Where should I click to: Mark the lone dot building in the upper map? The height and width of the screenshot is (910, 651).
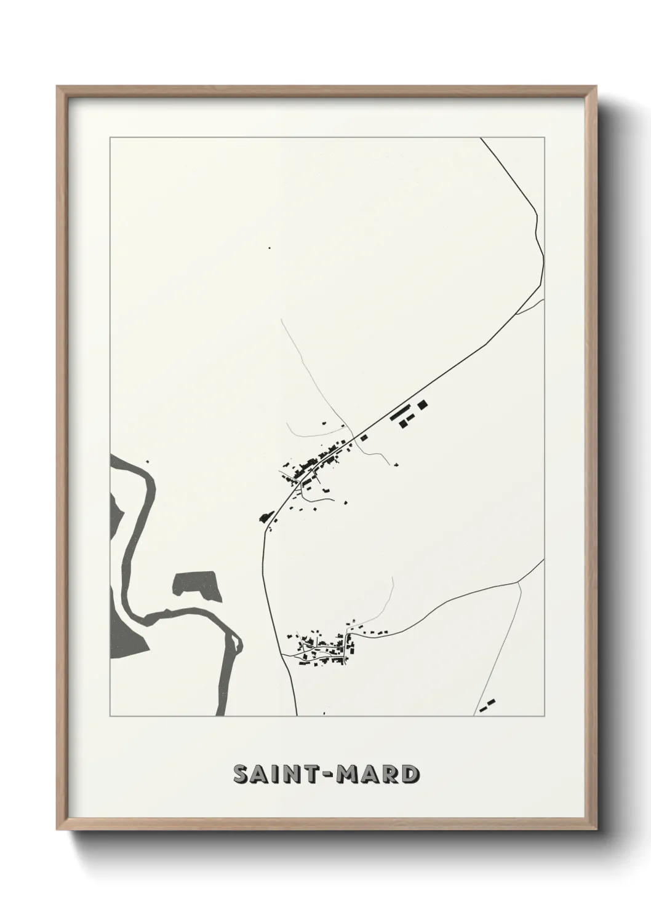(x=269, y=248)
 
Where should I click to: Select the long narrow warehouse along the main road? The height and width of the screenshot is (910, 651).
(x=399, y=411)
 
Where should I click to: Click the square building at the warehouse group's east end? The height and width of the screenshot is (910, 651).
(x=423, y=404)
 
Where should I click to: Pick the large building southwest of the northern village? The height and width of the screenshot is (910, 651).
(x=265, y=516)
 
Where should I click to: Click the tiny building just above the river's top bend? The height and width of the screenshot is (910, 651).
(x=146, y=461)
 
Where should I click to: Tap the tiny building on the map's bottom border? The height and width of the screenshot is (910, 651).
(x=324, y=714)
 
